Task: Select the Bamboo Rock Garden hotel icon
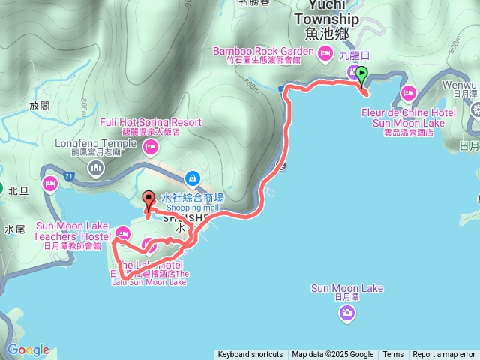click(x=325, y=52)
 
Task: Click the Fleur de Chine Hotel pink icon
click(x=408, y=94)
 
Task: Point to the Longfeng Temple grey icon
click(x=95, y=168)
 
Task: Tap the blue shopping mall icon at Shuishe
click(x=193, y=178)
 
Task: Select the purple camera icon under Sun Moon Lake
click(x=346, y=313)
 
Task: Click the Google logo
click(x=28, y=349)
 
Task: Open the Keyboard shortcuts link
click(x=250, y=355)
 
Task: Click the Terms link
click(x=393, y=355)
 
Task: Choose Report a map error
click(x=444, y=355)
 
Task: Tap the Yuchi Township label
click(x=326, y=19)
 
